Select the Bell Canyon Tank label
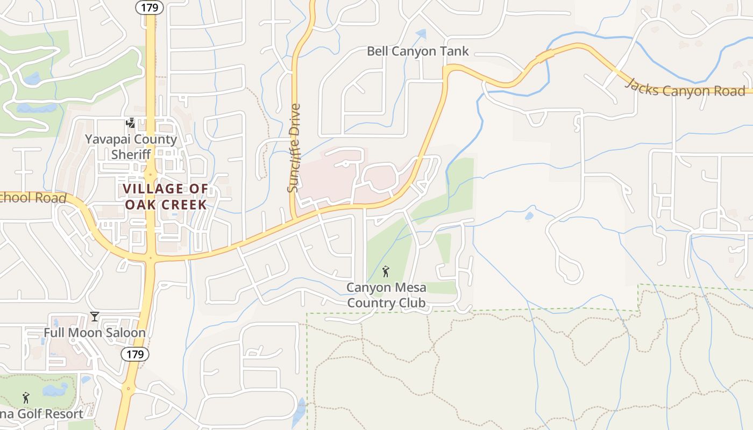pyautogui.click(x=418, y=52)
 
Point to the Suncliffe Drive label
pyautogui.click(x=293, y=148)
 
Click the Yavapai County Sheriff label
pyautogui.click(x=131, y=147)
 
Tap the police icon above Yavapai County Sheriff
pyautogui.click(x=130, y=123)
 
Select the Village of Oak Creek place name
pyautogui.click(x=166, y=197)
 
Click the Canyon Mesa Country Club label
pyautogui.click(x=386, y=295)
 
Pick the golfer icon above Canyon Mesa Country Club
pyautogui.click(x=385, y=271)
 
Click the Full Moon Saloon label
pyautogui.click(x=95, y=333)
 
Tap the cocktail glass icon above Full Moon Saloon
pyautogui.click(x=95, y=316)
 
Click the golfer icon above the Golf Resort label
pyautogui.click(x=26, y=398)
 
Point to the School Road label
pyautogui.click(x=33, y=198)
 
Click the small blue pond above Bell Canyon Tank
pyautogui.click(x=421, y=34)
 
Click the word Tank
pyautogui.click(x=455, y=52)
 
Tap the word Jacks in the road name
pyautogui.click(x=642, y=85)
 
